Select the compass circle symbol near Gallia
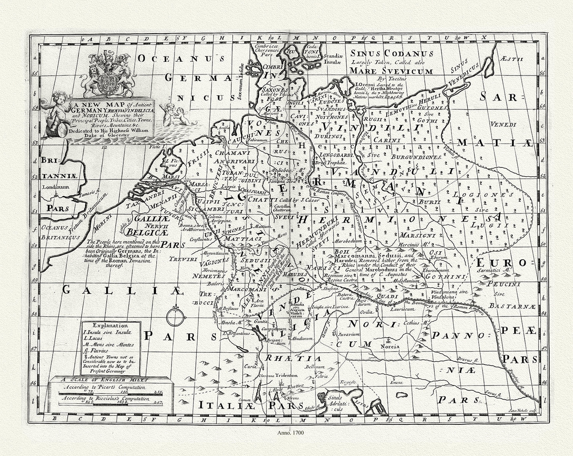(x=175, y=317)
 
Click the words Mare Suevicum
(x=391, y=71)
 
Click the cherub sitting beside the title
(x=58, y=112)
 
